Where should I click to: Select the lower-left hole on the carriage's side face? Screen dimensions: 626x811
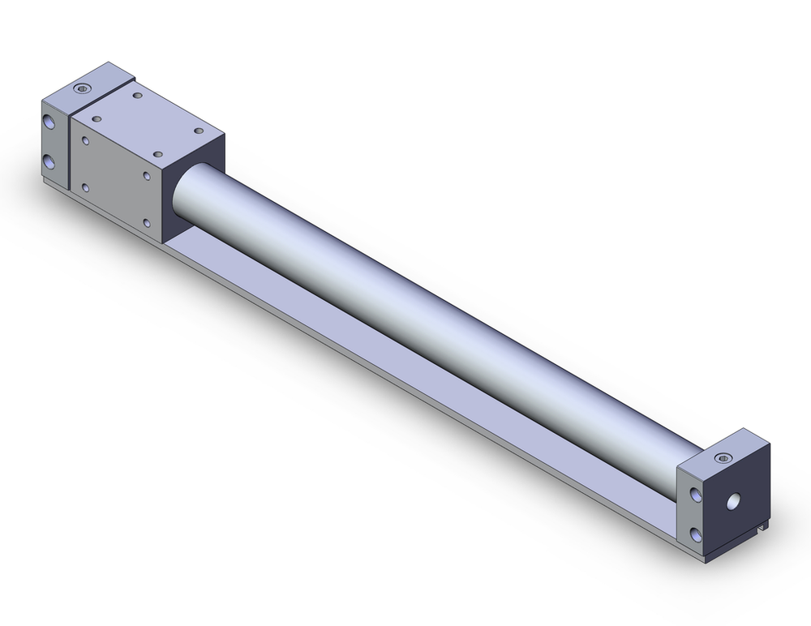85,187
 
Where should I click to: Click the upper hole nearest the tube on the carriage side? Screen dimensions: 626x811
147,175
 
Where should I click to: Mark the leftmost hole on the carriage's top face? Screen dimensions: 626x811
98,118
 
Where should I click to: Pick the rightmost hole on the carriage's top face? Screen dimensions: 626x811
197,127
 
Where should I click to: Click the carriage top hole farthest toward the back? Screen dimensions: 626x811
137,96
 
